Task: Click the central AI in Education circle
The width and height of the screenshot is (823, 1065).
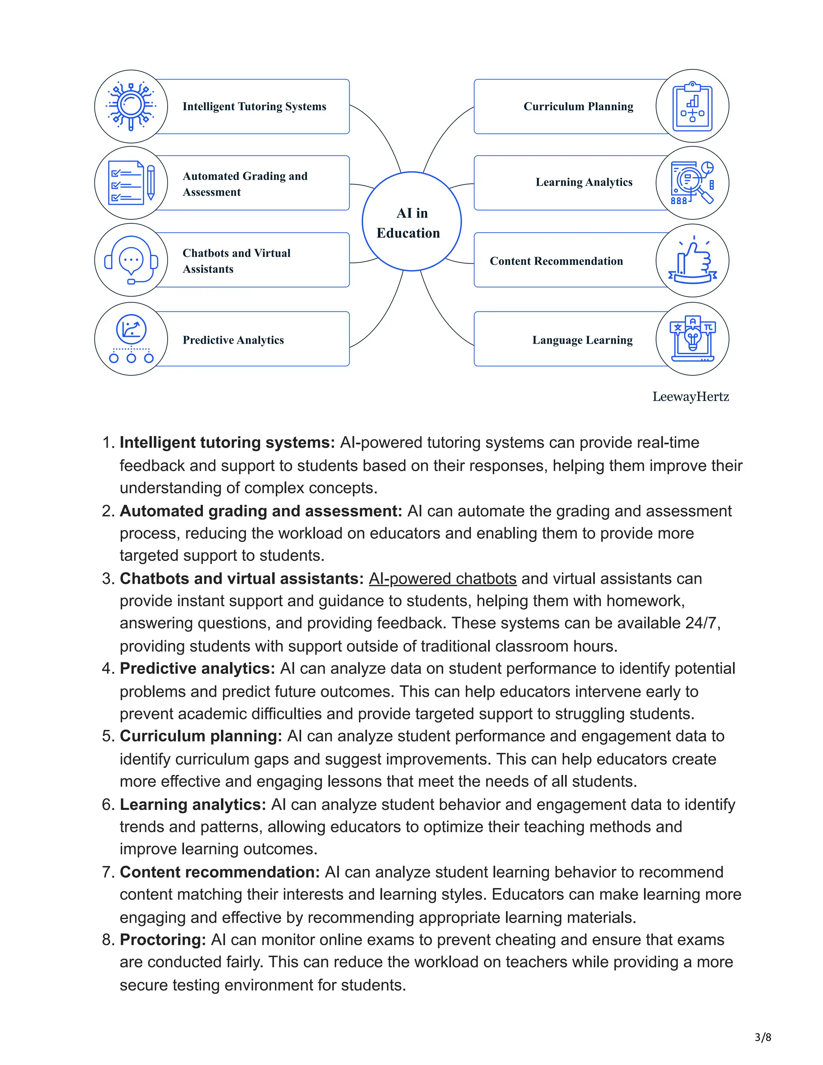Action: pyautogui.click(x=411, y=221)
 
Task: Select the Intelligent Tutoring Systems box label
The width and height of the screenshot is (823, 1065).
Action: pyautogui.click(x=254, y=106)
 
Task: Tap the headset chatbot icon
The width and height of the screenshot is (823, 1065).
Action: pyautogui.click(x=131, y=260)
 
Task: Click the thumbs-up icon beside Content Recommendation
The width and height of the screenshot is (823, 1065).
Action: pyautogui.click(x=692, y=260)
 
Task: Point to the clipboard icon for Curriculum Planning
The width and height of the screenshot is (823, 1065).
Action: pyautogui.click(x=692, y=106)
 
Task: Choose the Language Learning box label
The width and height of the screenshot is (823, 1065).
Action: pyautogui.click(x=582, y=340)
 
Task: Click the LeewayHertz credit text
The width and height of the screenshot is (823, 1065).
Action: pyautogui.click(x=690, y=396)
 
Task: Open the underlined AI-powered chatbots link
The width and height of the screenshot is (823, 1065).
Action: pyautogui.click(x=442, y=578)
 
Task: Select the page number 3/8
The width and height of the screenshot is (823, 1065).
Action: pyautogui.click(x=763, y=1037)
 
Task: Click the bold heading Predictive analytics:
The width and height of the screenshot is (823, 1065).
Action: pyautogui.click(x=197, y=669)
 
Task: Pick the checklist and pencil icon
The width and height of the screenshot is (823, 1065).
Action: pyautogui.click(x=131, y=183)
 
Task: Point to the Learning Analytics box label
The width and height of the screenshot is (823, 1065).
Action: pyautogui.click(x=583, y=182)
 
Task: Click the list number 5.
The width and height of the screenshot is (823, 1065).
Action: pyautogui.click(x=107, y=736)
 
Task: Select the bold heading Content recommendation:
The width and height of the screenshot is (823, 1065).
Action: pyautogui.click(x=219, y=872)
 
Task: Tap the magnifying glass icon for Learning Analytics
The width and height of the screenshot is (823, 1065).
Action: pyautogui.click(x=692, y=183)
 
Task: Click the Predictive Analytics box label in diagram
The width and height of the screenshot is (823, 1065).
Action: pyautogui.click(x=233, y=340)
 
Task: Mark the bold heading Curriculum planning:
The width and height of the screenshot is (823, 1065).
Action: pyautogui.click(x=201, y=736)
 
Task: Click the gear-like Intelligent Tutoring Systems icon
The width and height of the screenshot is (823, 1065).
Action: pyautogui.click(x=131, y=106)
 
